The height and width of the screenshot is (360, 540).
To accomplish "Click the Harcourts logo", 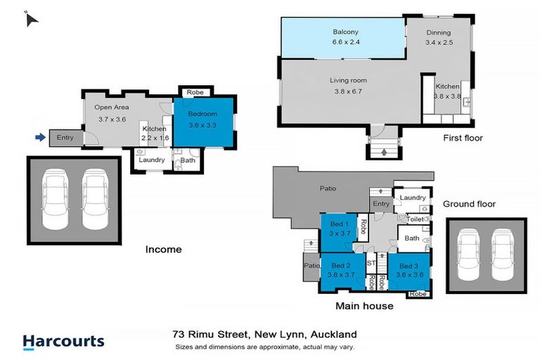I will coord(63,342).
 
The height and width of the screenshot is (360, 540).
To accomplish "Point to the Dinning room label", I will coord(438,32).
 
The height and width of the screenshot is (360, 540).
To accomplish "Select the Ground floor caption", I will coord(469,205).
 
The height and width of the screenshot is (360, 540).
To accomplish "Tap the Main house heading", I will coord(364,306).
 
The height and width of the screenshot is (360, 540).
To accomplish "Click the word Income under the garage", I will coord(163,249).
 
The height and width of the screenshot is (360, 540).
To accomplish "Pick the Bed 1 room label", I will coord(340,223).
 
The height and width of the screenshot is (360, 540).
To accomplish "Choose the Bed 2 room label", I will coord(340,265).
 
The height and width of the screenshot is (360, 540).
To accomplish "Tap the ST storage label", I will coord(371,262).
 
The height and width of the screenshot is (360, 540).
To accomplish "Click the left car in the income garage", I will coord(57,199).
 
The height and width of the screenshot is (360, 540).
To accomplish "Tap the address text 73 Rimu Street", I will coord(211,334).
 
